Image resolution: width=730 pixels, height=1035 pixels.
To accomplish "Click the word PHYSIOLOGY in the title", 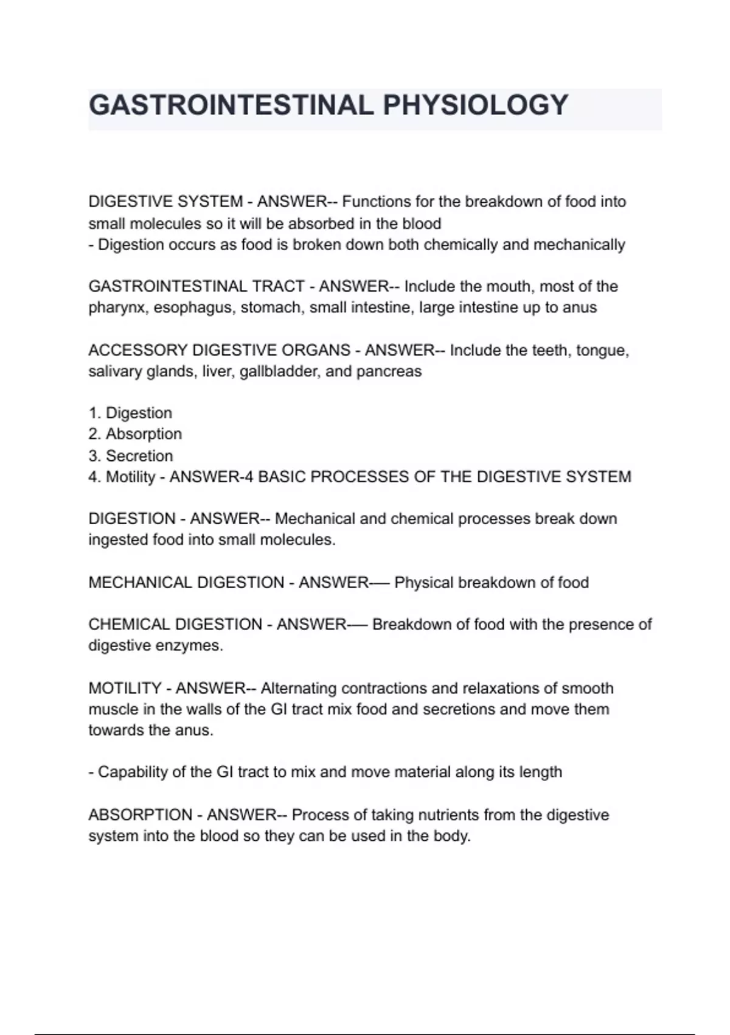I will (x=475, y=105).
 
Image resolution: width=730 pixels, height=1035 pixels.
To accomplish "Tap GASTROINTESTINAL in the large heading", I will (x=231, y=105).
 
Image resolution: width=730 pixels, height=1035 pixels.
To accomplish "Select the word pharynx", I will (x=118, y=308).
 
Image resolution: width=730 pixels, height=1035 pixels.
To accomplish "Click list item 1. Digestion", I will (x=130, y=413).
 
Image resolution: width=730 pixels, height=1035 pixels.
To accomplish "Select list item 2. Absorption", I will (x=135, y=434).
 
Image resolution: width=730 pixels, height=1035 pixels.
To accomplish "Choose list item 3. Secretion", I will (x=131, y=455).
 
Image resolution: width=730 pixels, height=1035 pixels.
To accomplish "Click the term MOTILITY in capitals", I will (x=125, y=689).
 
